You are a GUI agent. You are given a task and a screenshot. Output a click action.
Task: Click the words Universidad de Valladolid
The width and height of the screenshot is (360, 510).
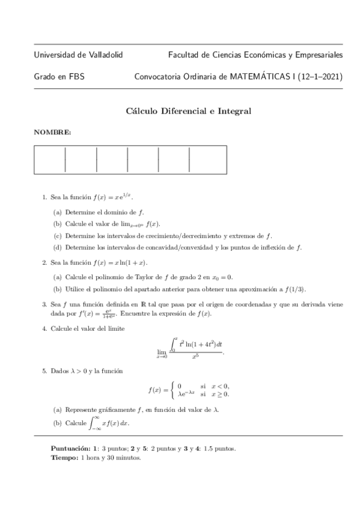tap(79, 55)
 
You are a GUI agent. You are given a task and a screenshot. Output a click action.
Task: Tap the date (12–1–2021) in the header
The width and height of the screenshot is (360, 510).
tap(321, 77)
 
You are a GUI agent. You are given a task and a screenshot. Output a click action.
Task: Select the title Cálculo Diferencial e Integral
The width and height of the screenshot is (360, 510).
tap(188, 111)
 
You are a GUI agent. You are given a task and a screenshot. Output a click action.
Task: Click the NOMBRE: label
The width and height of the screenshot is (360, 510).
tap(53, 132)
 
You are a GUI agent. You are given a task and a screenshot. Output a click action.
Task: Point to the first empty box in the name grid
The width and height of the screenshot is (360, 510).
tap(50, 160)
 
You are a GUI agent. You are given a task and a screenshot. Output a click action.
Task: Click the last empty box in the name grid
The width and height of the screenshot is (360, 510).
tap(208, 160)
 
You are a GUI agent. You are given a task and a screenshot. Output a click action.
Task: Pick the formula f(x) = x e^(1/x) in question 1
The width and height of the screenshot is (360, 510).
tap(114, 197)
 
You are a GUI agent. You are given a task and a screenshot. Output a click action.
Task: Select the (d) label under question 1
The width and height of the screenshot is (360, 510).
tap(58, 247)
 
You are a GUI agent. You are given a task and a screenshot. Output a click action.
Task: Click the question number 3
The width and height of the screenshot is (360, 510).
tap(44, 304)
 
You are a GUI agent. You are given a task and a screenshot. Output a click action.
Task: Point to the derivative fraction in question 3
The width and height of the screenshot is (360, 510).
tap(110, 314)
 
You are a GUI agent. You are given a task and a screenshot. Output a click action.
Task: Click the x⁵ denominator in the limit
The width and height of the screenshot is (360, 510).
tap(195, 357)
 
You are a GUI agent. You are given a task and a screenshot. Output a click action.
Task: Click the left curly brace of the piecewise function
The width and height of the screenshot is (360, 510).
tap(172, 390)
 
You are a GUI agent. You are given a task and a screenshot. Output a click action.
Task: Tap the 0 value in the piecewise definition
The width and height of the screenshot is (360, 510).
tap(180, 386)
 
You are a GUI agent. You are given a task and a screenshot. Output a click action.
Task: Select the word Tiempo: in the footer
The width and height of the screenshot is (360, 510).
tap(64, 458)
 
